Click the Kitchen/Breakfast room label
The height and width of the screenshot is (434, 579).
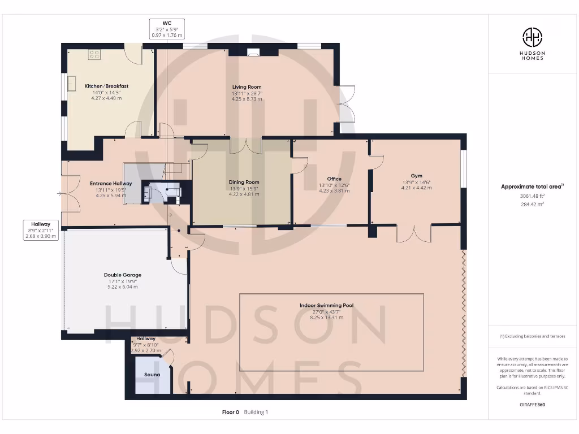[x=106, y=86]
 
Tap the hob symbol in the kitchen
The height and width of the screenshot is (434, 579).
[x=94, y=55]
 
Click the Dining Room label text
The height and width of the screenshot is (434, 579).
[x=244, y=182]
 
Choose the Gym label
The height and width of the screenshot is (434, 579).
[x=416, y=176]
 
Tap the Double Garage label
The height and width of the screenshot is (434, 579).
[x=123, y=275]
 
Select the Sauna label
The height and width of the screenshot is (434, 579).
[x=152, y=375]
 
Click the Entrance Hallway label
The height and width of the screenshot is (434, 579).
[x=111, y=184]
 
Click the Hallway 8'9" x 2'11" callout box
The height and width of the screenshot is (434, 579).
[x=41, y=230]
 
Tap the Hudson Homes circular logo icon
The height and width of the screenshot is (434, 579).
[x=532, y=37]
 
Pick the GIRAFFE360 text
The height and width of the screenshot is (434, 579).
[x=532, y=405]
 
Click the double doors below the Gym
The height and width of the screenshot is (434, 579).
[x=414, y=233]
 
